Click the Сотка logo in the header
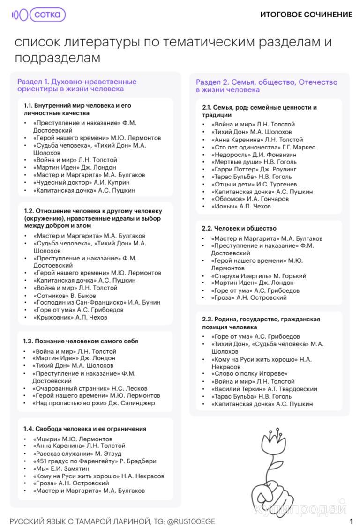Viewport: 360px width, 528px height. pyautogui.click(x=39, y=15)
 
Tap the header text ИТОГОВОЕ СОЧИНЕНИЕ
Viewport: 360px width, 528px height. pyautogui.click(x=306, y=15)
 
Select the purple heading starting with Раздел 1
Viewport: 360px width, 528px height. pyautogui.click(x=77, y=85)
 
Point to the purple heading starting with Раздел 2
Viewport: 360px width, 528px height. pyautogui.click(x=266, y=86)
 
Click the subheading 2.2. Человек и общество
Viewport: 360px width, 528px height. pyautogui.click(x=239, y=229)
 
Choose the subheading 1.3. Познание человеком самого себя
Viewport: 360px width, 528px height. pyautogui.click(x=81, y=341)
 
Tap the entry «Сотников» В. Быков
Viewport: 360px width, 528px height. pyautogui.click(x=65, y=296)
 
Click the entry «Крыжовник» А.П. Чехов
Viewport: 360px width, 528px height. pyautogui.click(x=70, y=318)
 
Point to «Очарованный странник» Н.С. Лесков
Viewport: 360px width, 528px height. pyautogui.click(x=90, y=388)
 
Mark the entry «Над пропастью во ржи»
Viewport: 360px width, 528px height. pyautogui.click(x=94, y=403)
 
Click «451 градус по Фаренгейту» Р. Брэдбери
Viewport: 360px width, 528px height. pyautogui.click(x=95, y=461)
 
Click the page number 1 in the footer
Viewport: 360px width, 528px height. pyautogui.click(x=351, y=521)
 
